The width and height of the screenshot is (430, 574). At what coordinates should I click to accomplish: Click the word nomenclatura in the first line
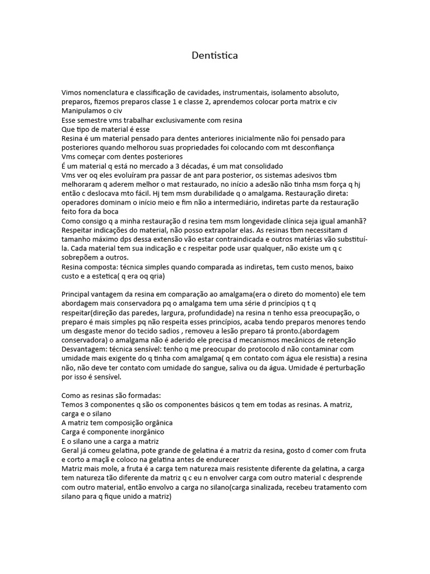click(109, 92)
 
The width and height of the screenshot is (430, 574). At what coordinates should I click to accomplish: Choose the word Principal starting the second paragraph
click(78, 293)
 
